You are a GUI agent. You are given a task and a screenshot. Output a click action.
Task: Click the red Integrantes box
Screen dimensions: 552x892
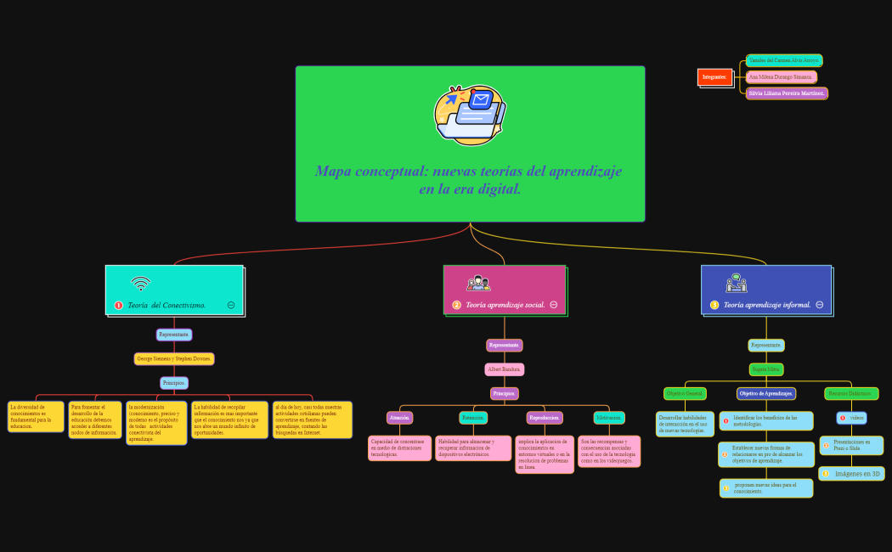click(714, 77)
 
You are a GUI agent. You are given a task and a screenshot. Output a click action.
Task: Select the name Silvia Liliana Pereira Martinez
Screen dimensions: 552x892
click(787, 93)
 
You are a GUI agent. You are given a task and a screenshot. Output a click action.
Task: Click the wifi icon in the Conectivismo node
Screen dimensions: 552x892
click(141, 284)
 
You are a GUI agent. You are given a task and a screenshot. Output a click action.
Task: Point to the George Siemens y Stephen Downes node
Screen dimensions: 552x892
click(174, 358)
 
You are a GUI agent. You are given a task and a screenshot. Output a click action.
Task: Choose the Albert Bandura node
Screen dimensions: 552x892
click(505, 369)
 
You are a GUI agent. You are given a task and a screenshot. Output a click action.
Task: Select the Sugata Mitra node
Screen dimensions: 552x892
click(766, 369)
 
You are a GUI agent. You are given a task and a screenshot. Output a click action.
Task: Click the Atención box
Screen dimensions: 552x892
click(399, 418)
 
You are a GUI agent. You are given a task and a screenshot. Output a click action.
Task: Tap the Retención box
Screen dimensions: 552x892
click(473, 418)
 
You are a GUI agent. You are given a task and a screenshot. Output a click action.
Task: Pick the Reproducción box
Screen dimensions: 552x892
click(545, 418)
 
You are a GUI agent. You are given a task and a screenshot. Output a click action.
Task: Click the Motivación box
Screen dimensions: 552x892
click(609, 418)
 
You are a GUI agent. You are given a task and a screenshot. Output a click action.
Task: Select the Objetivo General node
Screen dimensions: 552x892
click(685, 393)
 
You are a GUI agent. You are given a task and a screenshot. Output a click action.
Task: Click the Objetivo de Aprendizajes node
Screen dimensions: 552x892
click(766, 393)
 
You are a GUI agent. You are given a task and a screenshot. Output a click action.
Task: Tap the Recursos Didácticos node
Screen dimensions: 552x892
click(851, 393)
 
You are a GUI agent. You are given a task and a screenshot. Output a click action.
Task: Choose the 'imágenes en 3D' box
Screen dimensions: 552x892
click(851, 473)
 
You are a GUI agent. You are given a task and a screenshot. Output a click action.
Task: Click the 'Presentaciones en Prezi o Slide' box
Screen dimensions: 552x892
click(851, 445)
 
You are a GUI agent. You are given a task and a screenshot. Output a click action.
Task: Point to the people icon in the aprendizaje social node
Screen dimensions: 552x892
click(478, 284)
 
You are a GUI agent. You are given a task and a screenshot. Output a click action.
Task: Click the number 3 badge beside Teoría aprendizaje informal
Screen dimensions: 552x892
click(714, 305)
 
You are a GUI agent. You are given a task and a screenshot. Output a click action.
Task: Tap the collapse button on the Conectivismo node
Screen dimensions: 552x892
click(231, 304)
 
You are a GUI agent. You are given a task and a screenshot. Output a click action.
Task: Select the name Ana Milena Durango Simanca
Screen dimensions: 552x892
click(781, 77)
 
